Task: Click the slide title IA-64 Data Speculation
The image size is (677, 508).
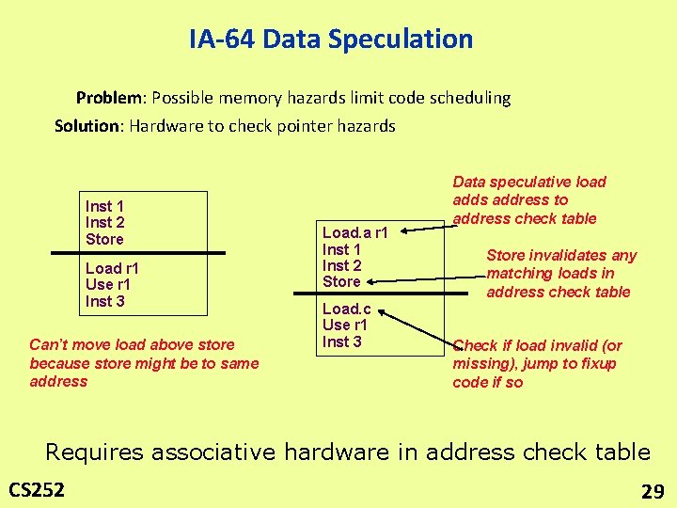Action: pyautogui.click(x=331, y=40)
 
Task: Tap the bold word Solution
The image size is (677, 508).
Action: pyautogui.click(x=89, y=126)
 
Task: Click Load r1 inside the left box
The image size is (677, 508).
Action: pyautogui.click(x=112, y=268)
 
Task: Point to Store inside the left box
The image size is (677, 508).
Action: pyautogui.click(x=104, y=239)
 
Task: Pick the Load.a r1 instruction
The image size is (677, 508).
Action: pyautogui.click(x=354, y=232)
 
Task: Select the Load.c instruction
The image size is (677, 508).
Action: pyautogui.click(x=347, y=309)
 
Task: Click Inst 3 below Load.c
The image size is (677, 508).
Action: pyautogui.click(x=341, y=341)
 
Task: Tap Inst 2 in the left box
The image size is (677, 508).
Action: pyautogui.click(x=104, y=222)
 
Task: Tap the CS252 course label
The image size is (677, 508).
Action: pyautogui.click(x=37, y=489)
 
